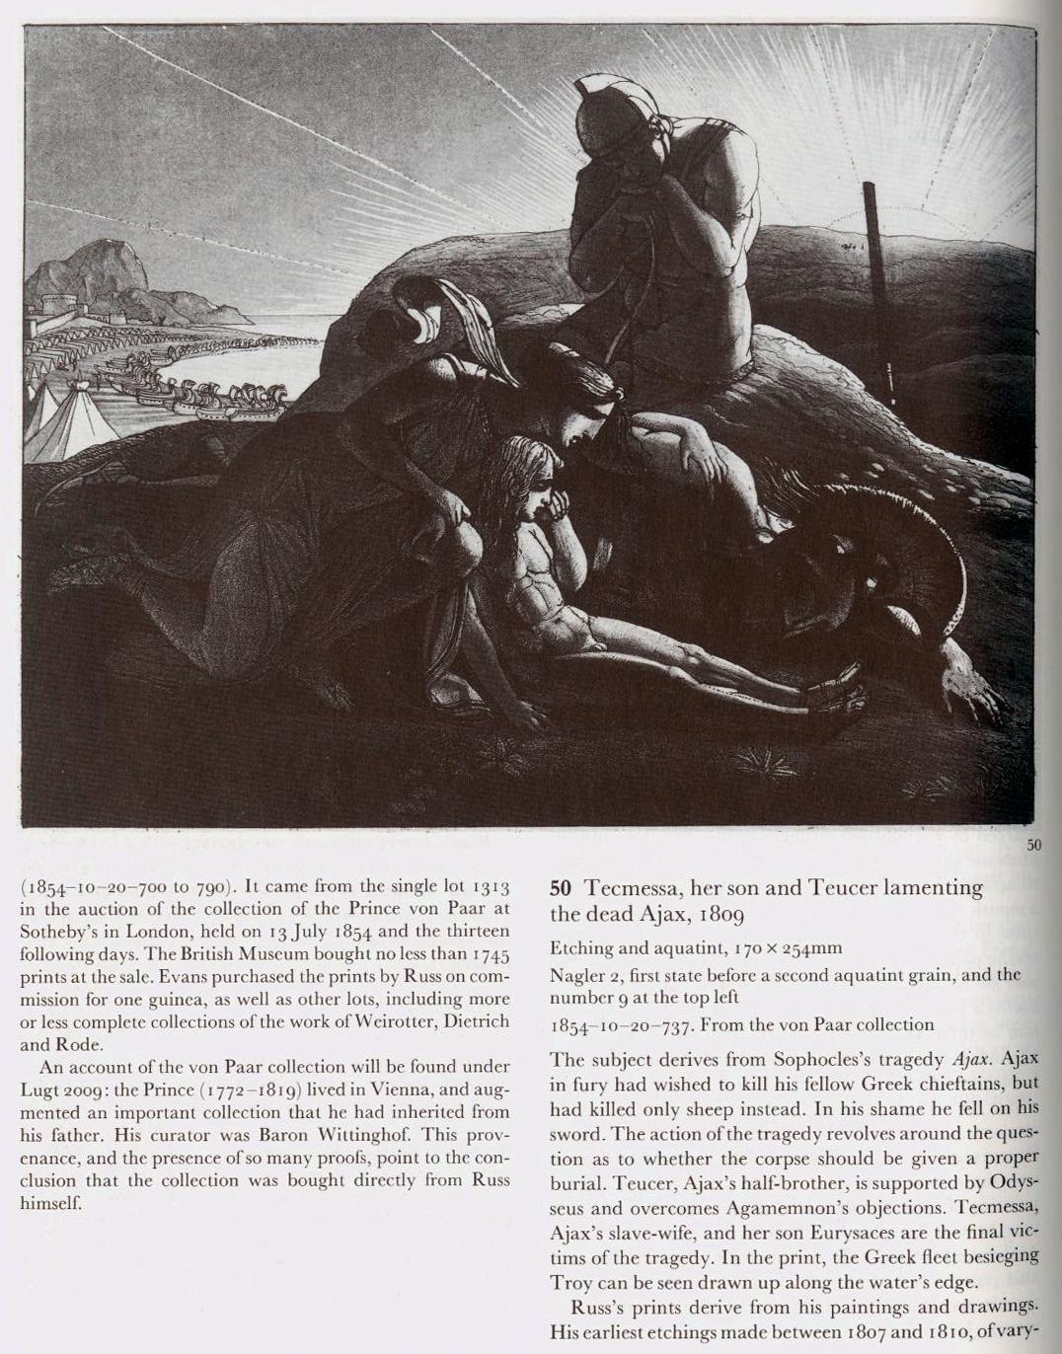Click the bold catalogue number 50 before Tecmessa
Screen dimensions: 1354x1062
coord(559,887)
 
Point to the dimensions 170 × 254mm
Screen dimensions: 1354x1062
coord(788,948)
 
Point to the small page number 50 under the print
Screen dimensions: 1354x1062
coord(1033,845)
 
